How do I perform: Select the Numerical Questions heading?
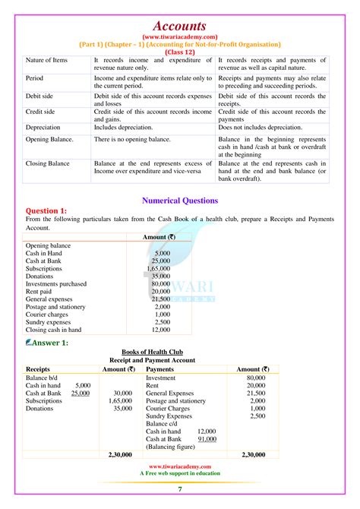[180, 201]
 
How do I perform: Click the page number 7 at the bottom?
[180, 490]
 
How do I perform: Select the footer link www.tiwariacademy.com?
[180, 467]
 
